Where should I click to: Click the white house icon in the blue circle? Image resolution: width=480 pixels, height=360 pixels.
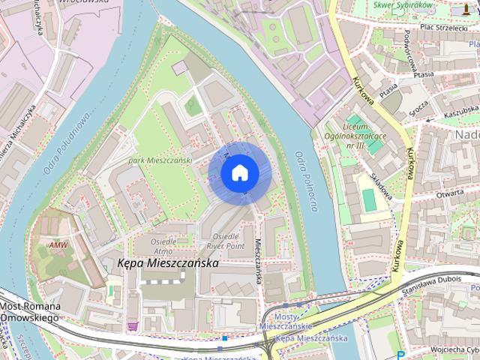(x=238, y=173)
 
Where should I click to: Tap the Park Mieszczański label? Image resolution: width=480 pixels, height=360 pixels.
(x=160, y=160)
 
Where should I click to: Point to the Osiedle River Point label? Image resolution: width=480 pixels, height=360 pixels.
(x=225, y=241)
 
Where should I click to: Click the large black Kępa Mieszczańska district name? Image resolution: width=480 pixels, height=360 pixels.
(x=169, y=264)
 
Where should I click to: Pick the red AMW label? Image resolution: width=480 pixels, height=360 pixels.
(x=58, y=245)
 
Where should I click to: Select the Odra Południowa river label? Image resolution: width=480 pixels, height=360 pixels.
(x=67, y=142)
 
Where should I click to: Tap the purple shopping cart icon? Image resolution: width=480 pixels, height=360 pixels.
(x=133, y=326)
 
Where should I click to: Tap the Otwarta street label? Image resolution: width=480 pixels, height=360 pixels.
(x=449, y=192)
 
